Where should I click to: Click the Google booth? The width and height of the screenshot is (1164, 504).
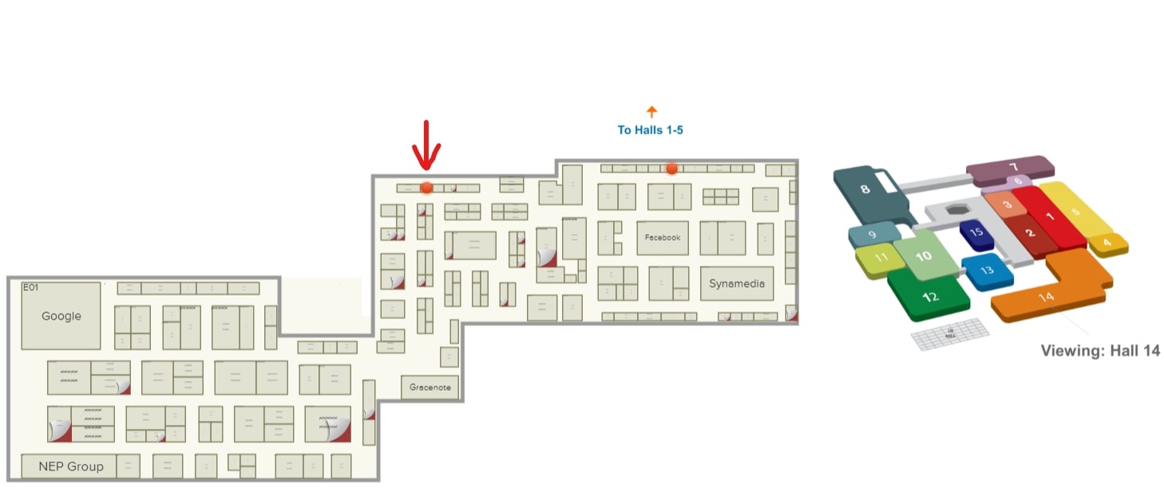click(x=61, y=316)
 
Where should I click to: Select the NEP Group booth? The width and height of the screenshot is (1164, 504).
click(x=70, y=466)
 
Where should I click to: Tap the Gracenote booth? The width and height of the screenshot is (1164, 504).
click(x=430, y=387)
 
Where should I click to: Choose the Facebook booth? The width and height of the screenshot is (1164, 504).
click(x=663, y=238)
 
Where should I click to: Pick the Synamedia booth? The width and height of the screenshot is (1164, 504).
click(x=737, y=284)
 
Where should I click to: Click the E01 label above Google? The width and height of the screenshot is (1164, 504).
click(x=30, y=288)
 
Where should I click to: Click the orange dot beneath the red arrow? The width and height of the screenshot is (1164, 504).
click(x=427, y=188)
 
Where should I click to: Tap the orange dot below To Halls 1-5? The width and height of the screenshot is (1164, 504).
click(x=672, y=169)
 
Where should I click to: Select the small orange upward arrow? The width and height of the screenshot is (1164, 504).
click(x=651, y=112)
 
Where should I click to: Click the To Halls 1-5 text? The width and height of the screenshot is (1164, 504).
click(x=651, y=129)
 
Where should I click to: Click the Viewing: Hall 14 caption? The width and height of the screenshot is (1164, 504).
click(x=1100, y=351)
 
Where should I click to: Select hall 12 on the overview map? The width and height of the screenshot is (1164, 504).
click(x=929, y=296)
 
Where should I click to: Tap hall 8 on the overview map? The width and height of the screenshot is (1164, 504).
click(x=865, y=190)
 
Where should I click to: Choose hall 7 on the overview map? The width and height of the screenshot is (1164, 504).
click(x=1012, y=168)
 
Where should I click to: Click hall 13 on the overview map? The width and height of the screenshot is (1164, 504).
click(x=987, y=271)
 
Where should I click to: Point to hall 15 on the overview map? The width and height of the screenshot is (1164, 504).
click(x=976, y=232)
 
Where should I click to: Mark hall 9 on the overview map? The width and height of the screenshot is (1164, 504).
click(x=872, y=235)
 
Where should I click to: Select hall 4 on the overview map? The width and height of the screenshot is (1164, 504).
click(x=1107, y=242)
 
